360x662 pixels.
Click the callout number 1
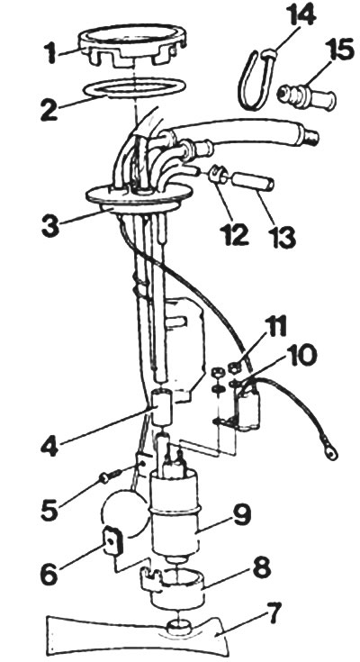tap(52, 54)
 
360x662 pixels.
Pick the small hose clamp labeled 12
tap(218, 174)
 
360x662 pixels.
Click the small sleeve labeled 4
tap(163, 408)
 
